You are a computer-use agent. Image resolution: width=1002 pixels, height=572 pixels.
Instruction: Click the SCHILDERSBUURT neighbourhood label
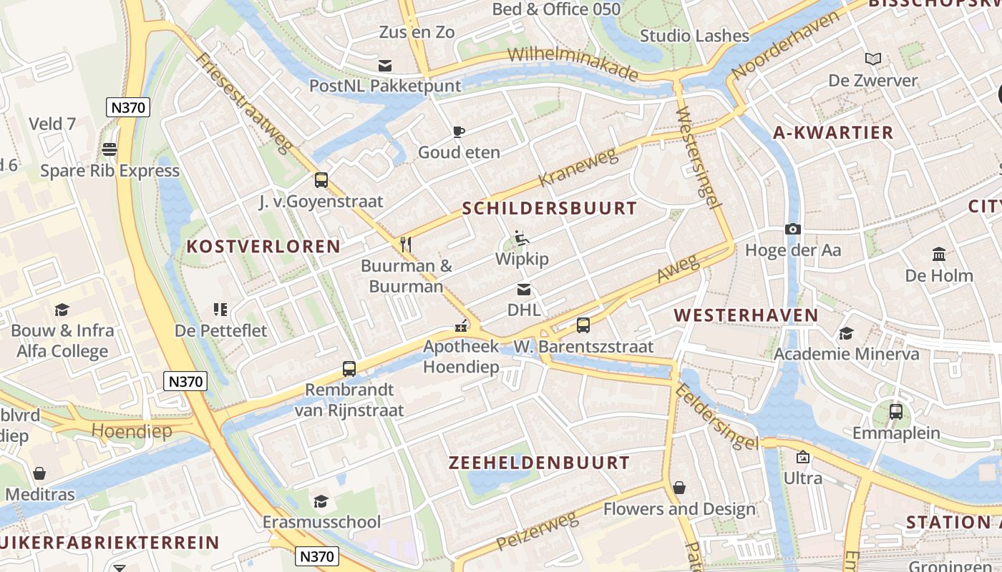549,209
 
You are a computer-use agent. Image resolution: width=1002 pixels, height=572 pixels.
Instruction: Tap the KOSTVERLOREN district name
263,247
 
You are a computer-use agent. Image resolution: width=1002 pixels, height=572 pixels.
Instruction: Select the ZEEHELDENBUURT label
539,463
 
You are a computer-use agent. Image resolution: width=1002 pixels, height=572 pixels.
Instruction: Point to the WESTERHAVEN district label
746,315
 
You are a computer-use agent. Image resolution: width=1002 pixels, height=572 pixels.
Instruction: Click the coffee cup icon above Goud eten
459,132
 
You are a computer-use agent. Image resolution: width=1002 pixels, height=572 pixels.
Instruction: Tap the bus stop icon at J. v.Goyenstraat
321,180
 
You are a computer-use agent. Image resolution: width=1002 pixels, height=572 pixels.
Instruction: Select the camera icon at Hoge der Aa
792,230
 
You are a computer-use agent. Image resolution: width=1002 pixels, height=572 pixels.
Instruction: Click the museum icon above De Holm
939,255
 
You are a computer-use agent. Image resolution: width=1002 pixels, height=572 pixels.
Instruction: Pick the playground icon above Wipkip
522,238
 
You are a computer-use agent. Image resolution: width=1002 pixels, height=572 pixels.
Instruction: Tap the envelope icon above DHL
524,290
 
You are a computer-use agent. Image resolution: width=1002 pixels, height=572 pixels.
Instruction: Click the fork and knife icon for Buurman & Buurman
406,245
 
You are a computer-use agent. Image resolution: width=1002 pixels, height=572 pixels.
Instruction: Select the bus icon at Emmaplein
895,412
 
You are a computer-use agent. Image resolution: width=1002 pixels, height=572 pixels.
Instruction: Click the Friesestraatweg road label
244,103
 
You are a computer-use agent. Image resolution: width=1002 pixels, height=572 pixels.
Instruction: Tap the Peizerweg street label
537,530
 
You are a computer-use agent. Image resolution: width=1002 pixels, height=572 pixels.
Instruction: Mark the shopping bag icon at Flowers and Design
678,488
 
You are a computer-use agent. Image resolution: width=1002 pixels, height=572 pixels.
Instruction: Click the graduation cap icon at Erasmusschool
321,501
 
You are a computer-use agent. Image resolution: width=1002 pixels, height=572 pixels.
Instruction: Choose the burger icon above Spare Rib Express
110,149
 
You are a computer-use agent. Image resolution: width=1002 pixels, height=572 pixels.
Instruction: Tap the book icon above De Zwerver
872,59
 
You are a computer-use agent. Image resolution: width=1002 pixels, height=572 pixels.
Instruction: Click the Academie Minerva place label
847,354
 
